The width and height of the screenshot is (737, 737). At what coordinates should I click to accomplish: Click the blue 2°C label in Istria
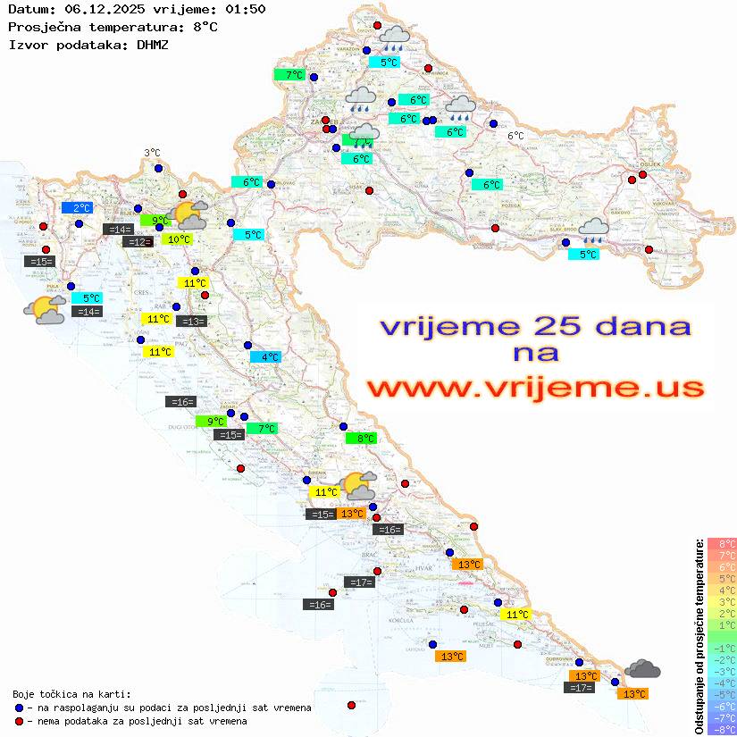click(77, 208)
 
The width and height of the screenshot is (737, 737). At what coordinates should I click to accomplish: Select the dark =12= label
click(137, 242)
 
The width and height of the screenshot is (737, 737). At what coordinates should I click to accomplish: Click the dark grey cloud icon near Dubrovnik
click(642, 668)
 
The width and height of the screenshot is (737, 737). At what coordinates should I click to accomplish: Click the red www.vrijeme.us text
click(534, 389)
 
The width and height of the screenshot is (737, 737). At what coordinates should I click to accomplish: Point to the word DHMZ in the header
click(153, 44)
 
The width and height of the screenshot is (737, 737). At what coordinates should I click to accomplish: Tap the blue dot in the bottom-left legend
click(20, 708)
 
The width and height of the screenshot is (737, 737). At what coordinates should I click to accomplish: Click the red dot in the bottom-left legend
click(20, 721)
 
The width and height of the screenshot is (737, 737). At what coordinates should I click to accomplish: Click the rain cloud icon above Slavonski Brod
click(593, 231)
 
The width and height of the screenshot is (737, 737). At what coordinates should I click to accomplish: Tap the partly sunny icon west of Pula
click(45, 310)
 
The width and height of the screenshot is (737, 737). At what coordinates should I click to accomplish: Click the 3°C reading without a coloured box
click(152, 154)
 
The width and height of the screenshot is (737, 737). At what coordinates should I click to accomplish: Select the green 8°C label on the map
click(362, 439)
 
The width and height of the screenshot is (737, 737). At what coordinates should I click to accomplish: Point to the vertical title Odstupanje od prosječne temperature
click(698, 636)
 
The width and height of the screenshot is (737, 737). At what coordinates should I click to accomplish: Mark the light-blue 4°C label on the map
click(265, 357)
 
